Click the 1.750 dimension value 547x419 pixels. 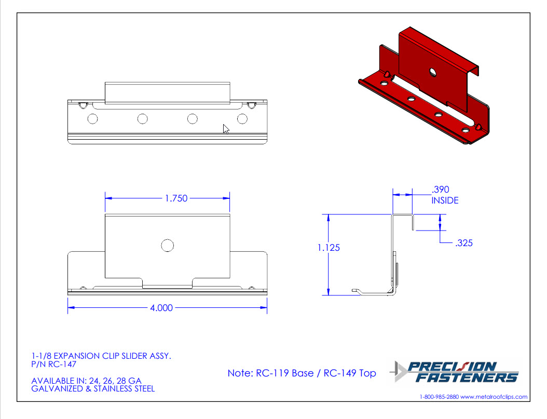pos(176,198)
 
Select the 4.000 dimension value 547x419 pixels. pos(161,308)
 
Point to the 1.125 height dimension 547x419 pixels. pos(329,248)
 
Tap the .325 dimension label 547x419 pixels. pos(464,243)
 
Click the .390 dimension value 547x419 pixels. pos(440,190)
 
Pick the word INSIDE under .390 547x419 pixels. pos(445,200)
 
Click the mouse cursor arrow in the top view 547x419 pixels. pos(226,129)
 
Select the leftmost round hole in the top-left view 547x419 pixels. pos(92,119)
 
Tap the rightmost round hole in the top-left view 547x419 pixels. pos(242,119)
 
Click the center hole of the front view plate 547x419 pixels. pos(168,246)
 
